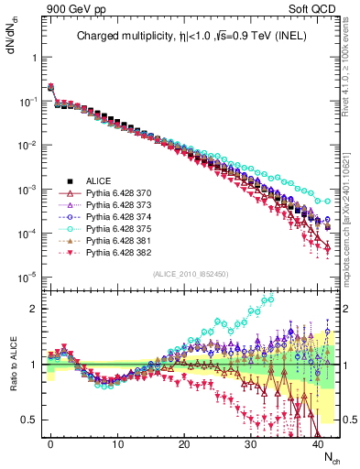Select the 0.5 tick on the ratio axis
[31, 420]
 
